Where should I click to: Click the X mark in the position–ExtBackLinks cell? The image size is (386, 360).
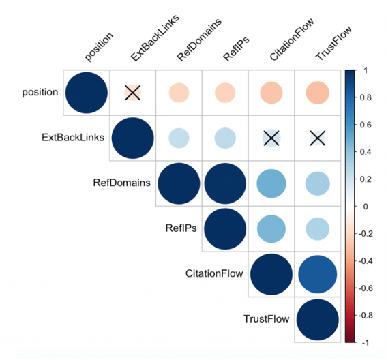[133, 93]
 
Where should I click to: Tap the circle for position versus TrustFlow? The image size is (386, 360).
[318, 93]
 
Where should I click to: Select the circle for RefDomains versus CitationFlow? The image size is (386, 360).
[271, 183]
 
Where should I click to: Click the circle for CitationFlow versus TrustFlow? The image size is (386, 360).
[318, 274]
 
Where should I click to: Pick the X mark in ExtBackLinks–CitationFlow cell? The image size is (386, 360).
[271, 138]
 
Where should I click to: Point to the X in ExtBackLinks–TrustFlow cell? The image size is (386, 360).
[318, 138]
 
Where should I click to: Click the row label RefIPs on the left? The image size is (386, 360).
[181, 228]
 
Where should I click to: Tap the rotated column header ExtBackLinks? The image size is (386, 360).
[155, 37]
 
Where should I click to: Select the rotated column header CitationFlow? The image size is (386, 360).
[292, 40]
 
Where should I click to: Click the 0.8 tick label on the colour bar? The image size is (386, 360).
[366, 97]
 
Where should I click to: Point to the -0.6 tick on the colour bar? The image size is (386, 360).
[366, 288]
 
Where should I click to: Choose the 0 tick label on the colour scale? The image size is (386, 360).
[366, 207]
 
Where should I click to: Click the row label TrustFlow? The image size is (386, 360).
[267, 319]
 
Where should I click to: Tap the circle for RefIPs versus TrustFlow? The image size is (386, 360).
[318, 229]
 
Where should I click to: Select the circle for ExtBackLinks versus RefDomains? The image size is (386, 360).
[179, 138]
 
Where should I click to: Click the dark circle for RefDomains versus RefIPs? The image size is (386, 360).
[225, 183]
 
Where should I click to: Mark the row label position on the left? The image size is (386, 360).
[40, 93]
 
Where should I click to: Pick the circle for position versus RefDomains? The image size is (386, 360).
[179, 93]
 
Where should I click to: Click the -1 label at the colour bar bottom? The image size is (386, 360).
[366, 342]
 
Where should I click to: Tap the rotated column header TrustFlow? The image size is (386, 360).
[333, 44]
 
